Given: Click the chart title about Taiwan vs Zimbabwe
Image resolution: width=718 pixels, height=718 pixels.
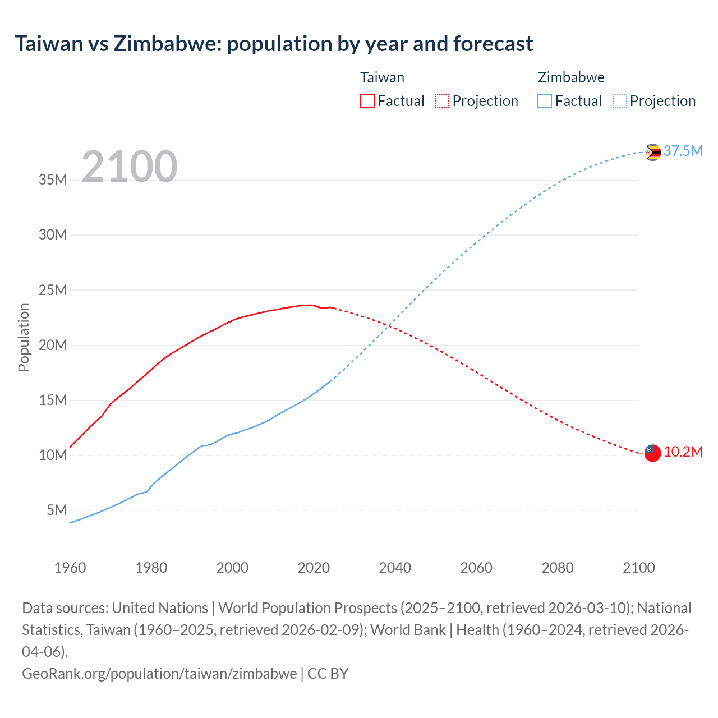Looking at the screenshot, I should (274, 44).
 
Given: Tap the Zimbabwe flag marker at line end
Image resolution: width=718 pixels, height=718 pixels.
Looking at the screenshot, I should (652, 152).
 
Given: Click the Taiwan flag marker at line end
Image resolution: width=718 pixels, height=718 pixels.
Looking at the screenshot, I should (652, 453).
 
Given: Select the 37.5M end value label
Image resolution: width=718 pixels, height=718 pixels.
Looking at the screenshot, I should (683, 151).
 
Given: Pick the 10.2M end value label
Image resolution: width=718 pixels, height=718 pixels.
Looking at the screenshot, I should (683, 452).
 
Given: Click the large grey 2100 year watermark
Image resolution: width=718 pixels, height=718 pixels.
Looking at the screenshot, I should (130, 167).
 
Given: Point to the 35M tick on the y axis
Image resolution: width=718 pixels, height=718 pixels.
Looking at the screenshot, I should (53, 180).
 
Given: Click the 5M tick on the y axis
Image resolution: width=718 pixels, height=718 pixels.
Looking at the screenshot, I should (57, 510).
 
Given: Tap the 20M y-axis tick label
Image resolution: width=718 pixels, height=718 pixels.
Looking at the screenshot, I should (53, 345).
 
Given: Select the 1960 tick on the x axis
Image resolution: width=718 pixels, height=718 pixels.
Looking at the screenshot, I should (70, 568).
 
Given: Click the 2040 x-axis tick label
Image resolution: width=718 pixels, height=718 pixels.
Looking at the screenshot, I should (395, 568).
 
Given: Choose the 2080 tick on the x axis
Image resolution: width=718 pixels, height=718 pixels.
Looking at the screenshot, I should (558, 568).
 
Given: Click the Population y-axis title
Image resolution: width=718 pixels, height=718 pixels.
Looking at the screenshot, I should (24, 337).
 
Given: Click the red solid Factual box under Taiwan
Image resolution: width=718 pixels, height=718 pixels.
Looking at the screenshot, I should (367, 101).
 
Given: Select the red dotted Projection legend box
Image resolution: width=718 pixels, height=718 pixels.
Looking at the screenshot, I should (442, 101).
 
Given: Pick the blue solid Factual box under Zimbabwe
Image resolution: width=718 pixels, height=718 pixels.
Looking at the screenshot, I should (545, 101).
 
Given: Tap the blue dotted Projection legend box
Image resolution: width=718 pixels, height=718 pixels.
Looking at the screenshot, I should (620, 101).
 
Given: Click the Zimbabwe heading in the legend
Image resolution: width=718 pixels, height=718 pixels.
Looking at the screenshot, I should (571, 77).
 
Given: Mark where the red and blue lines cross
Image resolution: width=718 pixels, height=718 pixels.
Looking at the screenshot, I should (389, 325).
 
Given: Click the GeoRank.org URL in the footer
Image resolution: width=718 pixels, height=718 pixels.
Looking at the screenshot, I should (159, 673).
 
